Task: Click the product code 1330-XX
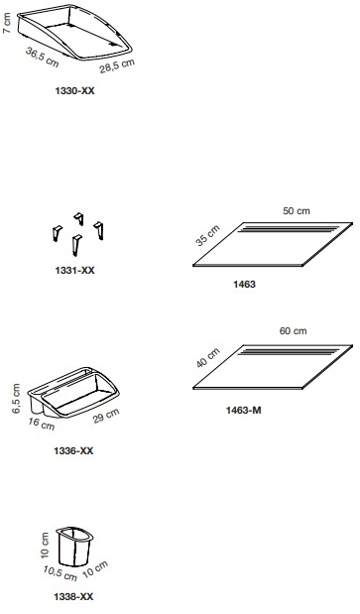pyautogui.click(x=74, y=91)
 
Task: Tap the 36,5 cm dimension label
pyautogui.click(x=42, y=57)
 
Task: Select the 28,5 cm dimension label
pyautogui.click(x=117, y=65)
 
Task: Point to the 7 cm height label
pyautogui.click(x=7, y=23)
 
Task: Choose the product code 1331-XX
pyautogui.click(x=74, y=270)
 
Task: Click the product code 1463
pyautogui.click(x=244, y=284)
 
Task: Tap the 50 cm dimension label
pyautogui.click(x=297, y=210)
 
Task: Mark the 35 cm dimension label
pyautogui.click(x=208, y=235)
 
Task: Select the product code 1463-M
pyautogui.click(x=243, y=411)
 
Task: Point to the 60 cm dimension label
pyautogui.click(x=294, y=331)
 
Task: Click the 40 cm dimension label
pyautogui.click(x=208, y=357)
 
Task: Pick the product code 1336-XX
pyautogui.click(x=73, y=450)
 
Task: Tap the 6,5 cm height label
pyautogui.click(x=16, y=398)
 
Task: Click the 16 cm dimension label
pyautogui.click(x=41, y=424)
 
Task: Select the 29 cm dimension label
pyautogui.click(x=106, y=416)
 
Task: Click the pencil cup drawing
pyautogui.click(x=75, y=547)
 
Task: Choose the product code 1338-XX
pyautogui.click(x=73, y=597)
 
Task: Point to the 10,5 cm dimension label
pyautogui.click(x=60, y=573)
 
